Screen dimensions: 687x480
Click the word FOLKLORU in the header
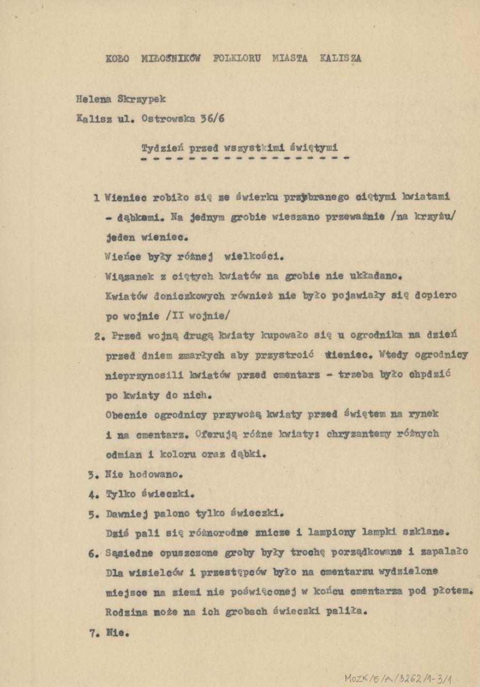click(x=237, y=58)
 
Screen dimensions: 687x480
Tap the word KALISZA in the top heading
click(x=340, y=58)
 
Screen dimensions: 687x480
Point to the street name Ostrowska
click(x=168, y=119)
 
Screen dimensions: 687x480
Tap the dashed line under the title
click(x=245, y=158)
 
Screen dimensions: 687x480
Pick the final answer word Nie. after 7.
click(x=117, y=632)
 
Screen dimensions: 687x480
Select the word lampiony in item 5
click(x=331, y=532)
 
